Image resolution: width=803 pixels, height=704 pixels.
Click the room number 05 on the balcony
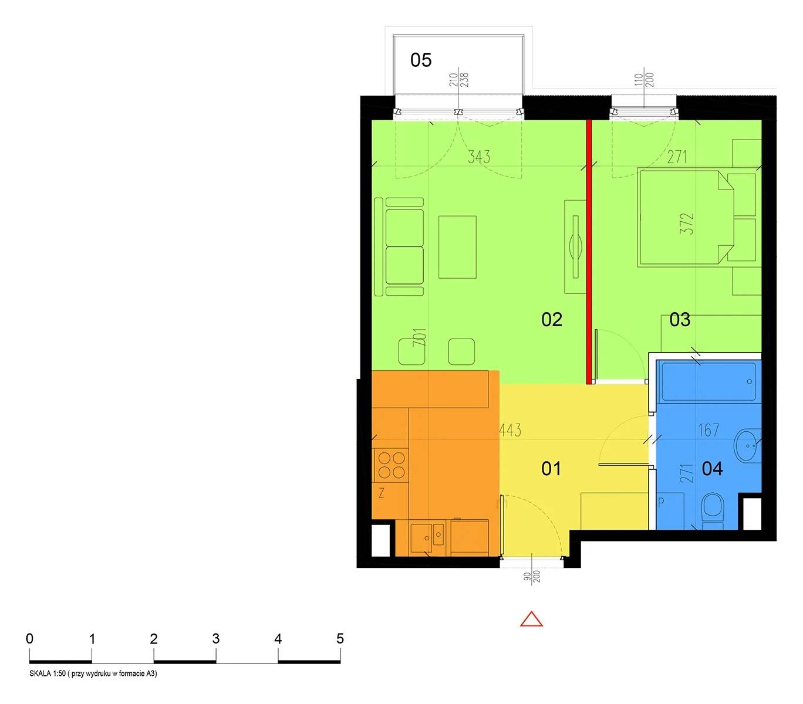pyautogui.click(x=420, y=60)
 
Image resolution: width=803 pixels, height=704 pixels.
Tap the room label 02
pyautogui.click(x=551, y=319)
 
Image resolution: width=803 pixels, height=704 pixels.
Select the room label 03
pyautogui.click(x=680, y=319)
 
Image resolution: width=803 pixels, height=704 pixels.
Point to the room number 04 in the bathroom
pyautogui.click(x=712, y=469)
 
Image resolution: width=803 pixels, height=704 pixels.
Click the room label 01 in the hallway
pyautogui.click(x=551, y=469)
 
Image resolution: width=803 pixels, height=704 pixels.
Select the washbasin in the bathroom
pyautogui.click(x=748, y=445)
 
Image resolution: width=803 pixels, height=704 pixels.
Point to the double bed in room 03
pyautogui.click(x=685, y=218)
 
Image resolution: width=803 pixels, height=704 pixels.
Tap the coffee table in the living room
pyautogui.click(x=457, y=246)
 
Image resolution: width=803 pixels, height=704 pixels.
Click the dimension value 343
pyautogui.click(x=479, y=157)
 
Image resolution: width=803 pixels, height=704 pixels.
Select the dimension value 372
pyautogui.click(x=687, y=224)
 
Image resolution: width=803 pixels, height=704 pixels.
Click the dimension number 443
pyautogui.click(x=510, y=430)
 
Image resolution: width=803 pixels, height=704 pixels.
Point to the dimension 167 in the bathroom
pyautogui.click(x=708, y=430)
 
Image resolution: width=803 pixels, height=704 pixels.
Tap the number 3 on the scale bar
pyautogui.click(x=215, y=638)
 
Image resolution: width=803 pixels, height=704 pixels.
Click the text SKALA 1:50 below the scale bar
pyautogui.click(x=48, y=673)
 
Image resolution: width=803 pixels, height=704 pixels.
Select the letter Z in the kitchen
pyautogui.click(x=381, y=493)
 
